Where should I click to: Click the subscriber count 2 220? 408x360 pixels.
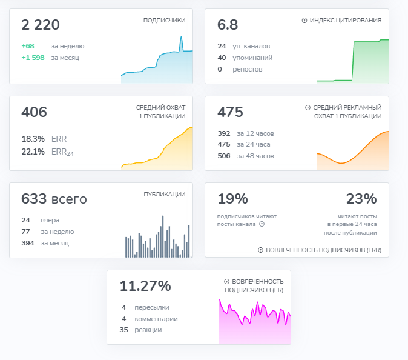41,25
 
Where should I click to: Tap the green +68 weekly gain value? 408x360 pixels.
28,46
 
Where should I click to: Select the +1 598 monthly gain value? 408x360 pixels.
33,58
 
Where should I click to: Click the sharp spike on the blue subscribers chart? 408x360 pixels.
182,38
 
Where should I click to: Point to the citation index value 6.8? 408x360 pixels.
228,25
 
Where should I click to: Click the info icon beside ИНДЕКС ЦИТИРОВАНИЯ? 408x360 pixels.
304,21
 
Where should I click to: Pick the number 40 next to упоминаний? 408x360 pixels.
222,58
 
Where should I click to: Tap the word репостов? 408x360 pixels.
248,69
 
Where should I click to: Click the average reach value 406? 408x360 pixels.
34,112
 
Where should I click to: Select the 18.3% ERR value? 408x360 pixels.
33,139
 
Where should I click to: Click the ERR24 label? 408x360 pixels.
62,152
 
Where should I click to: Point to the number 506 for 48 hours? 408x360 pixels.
224,156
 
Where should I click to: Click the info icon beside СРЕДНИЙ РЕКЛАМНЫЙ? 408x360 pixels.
308,108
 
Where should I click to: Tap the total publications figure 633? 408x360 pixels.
34,199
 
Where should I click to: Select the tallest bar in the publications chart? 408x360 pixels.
163,236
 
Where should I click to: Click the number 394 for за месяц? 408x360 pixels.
28,243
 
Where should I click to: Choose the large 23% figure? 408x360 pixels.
361,199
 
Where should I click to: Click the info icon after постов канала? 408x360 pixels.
262,224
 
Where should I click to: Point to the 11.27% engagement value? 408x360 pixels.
145,286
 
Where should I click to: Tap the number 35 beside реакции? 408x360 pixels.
124,330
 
